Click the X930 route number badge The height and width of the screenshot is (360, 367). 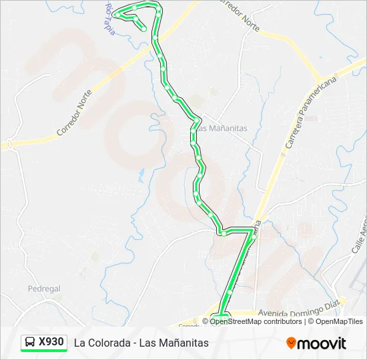pos(51,342)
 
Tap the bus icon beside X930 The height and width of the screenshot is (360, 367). pos(31,342)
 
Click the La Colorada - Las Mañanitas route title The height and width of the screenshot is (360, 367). pos(141,343)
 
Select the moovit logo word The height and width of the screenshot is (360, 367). pos(322,343)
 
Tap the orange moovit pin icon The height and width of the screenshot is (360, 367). pos(291,343)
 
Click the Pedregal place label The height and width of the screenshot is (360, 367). pos(44,289)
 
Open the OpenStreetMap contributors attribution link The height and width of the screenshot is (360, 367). pos(256,321)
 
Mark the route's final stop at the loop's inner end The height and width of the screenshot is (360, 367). pos(143,29)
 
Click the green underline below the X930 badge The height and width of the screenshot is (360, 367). pos(44,351)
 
